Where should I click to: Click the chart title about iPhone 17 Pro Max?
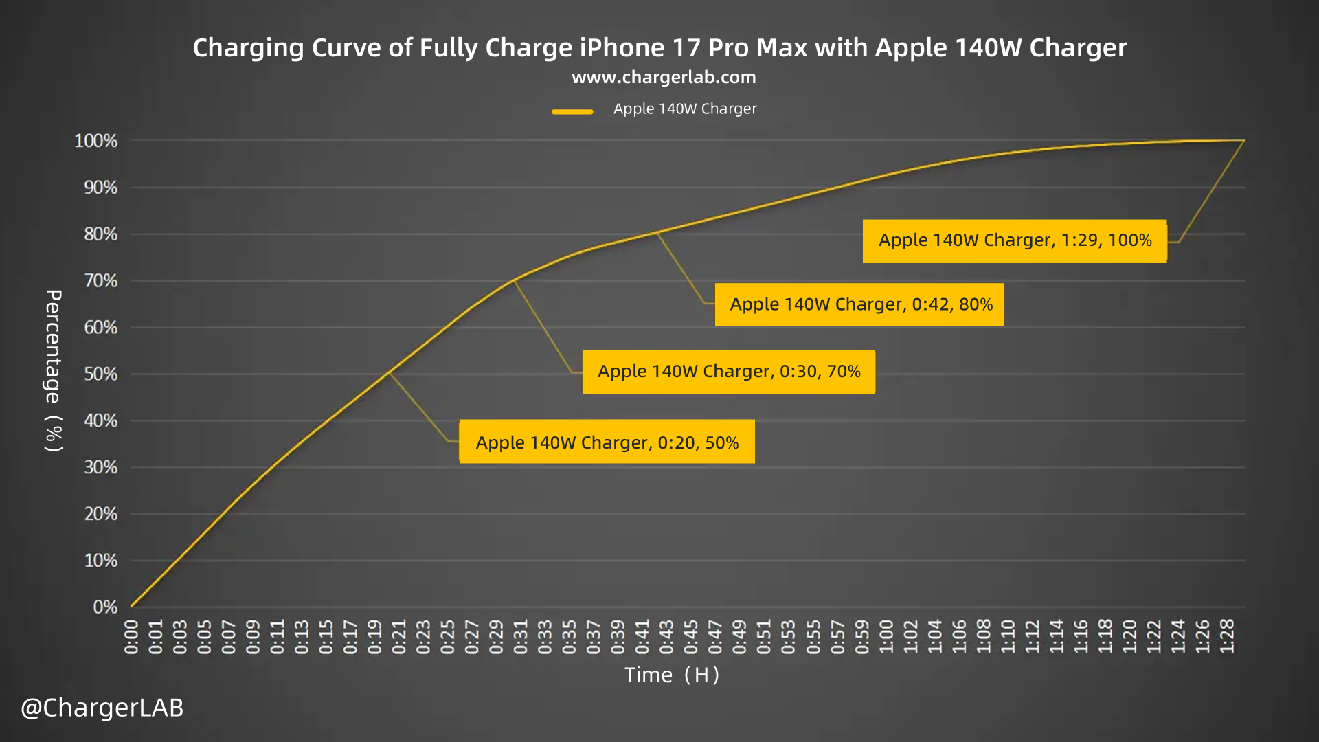click(x=659, y=48)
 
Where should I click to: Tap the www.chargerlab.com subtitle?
click(x=664, y=78)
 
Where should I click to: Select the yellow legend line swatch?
click(x=572, y=111)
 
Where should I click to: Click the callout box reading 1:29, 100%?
click(x=1015, y=240)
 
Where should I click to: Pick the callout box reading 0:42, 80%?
click(x=859, y=304)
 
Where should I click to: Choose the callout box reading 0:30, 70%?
click(x=729, y=372)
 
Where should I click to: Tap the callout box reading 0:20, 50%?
click(x=607, y=442)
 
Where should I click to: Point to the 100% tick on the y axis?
click(x=96, y=141)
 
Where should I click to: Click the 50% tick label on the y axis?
click(x=100, y=374)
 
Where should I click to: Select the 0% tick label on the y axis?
click(x=105, y=607)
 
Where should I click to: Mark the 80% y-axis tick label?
click(x=100, y=234)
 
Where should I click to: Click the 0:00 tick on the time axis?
click(x=131, y=637)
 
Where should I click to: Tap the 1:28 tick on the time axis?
click(x=1227, y=637)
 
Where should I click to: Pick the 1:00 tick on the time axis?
click(x=886, y=637)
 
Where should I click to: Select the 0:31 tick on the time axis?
click(x=521, y=637)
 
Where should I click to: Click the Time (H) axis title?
click(x=672, y=675)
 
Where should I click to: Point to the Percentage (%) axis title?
click(x=54, y=371)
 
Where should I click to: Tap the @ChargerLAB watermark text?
click(x=102, y=708)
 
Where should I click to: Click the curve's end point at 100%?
click(x=1244, y=141)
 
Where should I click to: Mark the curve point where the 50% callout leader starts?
click(x=390, y=372)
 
